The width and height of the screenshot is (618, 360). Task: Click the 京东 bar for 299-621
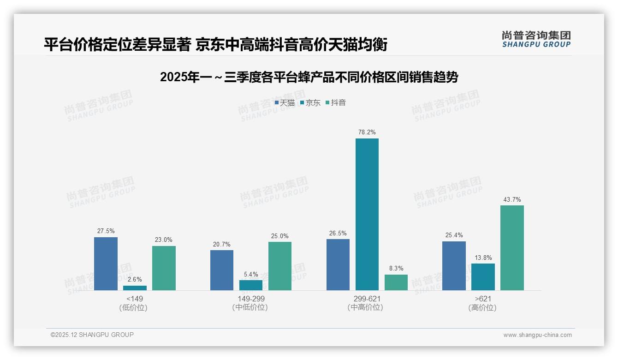[x=367, y=214]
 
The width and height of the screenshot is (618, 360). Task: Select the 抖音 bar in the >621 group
[x=512, y=248]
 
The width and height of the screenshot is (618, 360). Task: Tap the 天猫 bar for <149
[x=106, y=264]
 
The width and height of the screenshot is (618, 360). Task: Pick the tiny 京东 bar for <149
[x=135, y=288]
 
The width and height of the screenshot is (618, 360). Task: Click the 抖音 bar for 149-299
[x=280, y=266]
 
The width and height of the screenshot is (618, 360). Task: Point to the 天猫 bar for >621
[x=454, y=266]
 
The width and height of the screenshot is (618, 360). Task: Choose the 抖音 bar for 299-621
[x=396, y=282]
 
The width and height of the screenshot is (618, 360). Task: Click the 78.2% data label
[x=367, y=132]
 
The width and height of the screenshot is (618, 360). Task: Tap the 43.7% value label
[x=512, y=199]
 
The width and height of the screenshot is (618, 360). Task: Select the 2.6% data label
[x=135, y=279]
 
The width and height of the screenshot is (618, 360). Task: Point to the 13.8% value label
[x=483, y=258]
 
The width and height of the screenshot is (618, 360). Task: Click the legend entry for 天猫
[x=285, y=103]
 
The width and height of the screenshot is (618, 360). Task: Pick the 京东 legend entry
[x=310, y=103]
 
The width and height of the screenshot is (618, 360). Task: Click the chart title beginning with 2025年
[x=309, y=77]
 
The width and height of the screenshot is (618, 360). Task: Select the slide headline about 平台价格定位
[x=215, y=44]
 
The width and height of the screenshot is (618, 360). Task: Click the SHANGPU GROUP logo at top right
[x=536, y=39]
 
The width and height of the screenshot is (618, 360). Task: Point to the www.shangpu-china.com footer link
[x=537, y=335]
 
